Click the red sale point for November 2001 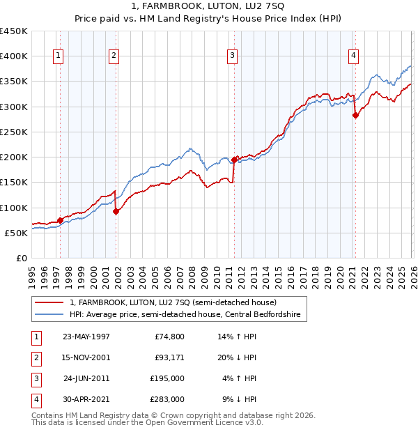click(116, 212)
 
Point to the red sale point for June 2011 click(234, 160)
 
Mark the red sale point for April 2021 click(355, 116)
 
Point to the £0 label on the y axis click(21, 258)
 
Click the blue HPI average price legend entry click(185, 315)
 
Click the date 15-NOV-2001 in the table click(86, 357)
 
